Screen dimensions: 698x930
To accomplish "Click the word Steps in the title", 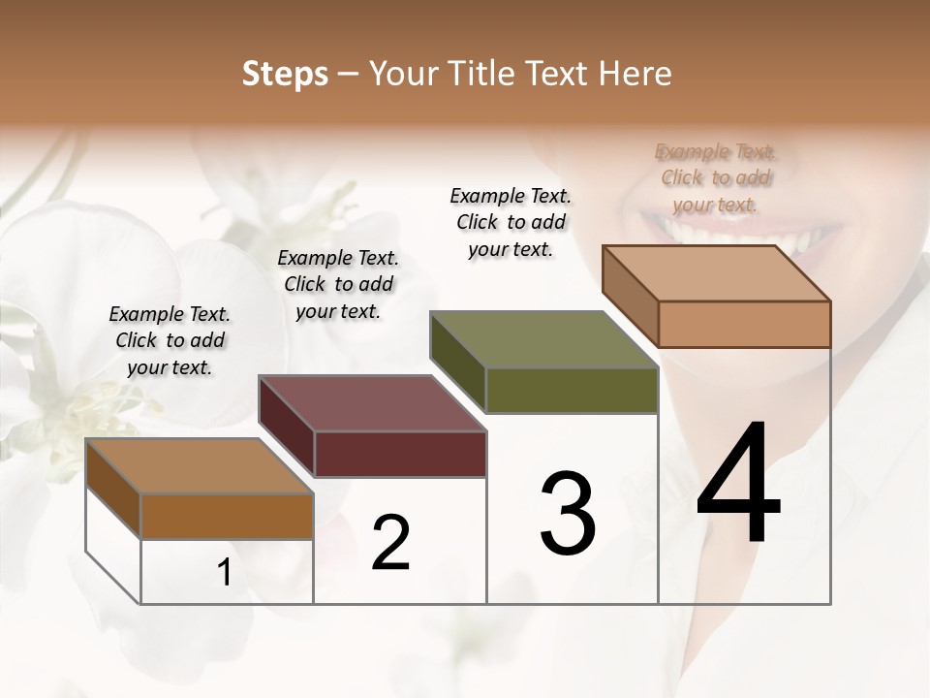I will tap(285, 74).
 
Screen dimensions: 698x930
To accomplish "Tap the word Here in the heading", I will tap(635, 74).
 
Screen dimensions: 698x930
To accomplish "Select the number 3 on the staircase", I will tap(568, 513).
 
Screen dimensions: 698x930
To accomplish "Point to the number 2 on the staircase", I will tap(390, 542).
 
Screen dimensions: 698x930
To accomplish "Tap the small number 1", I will tap(225, 573).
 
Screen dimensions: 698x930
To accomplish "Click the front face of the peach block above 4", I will tap(744, 324).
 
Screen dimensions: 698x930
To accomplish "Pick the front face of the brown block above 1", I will tap(227, 516).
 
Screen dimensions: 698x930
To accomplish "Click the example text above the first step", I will tap(170, 340).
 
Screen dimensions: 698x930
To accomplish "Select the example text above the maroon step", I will tap(338, 284).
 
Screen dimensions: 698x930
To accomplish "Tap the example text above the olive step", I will tap(511, 222).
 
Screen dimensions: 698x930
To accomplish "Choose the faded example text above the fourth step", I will tap(716, 177).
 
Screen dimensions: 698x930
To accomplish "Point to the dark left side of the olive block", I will tap(457, 361).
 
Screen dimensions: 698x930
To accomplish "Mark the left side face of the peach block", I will tap(630, 296).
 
